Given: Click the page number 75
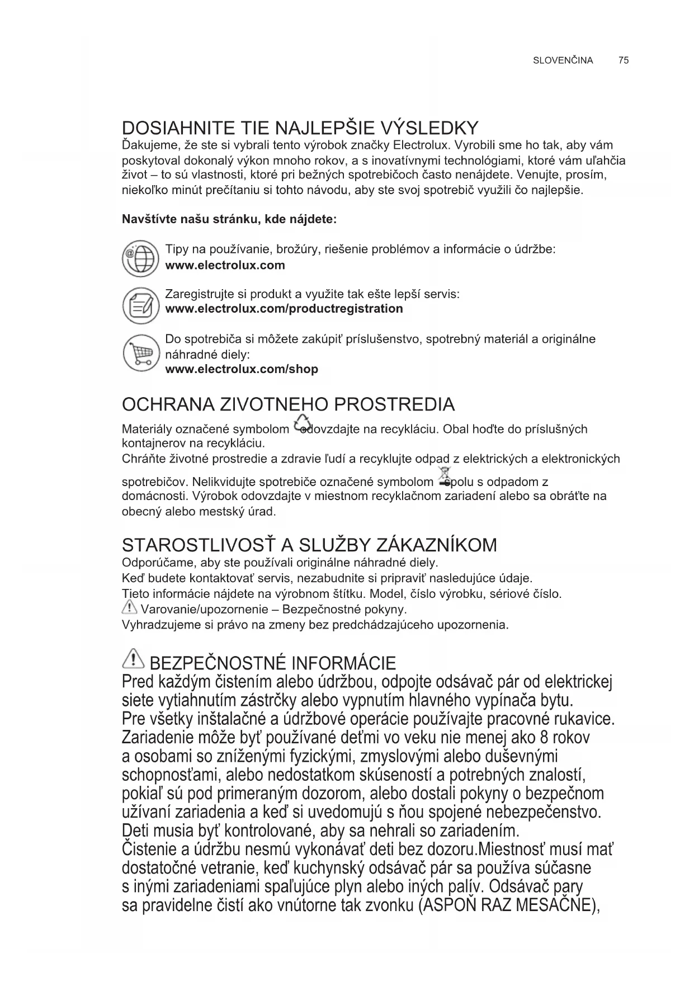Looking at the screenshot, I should pyautogui.click(x=624, y=60).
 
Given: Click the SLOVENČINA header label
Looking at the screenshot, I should pyautogui.click(x=563, y=60).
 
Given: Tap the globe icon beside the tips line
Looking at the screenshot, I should pyautogui.click(x=140, y=258).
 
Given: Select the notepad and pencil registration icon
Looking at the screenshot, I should pyautogui.click(x=140, y=305).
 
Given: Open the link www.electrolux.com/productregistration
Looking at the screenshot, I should pyautogui.click(x=284, y=309).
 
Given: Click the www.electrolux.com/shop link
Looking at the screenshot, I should pyautogui.click(x=242, y=369).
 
